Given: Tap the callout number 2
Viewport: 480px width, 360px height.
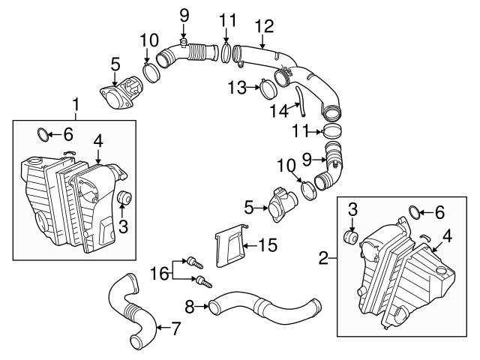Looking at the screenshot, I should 325,259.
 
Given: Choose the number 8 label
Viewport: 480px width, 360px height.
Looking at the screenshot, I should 190,305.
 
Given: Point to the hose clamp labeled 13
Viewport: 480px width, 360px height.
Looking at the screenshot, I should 265,90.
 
